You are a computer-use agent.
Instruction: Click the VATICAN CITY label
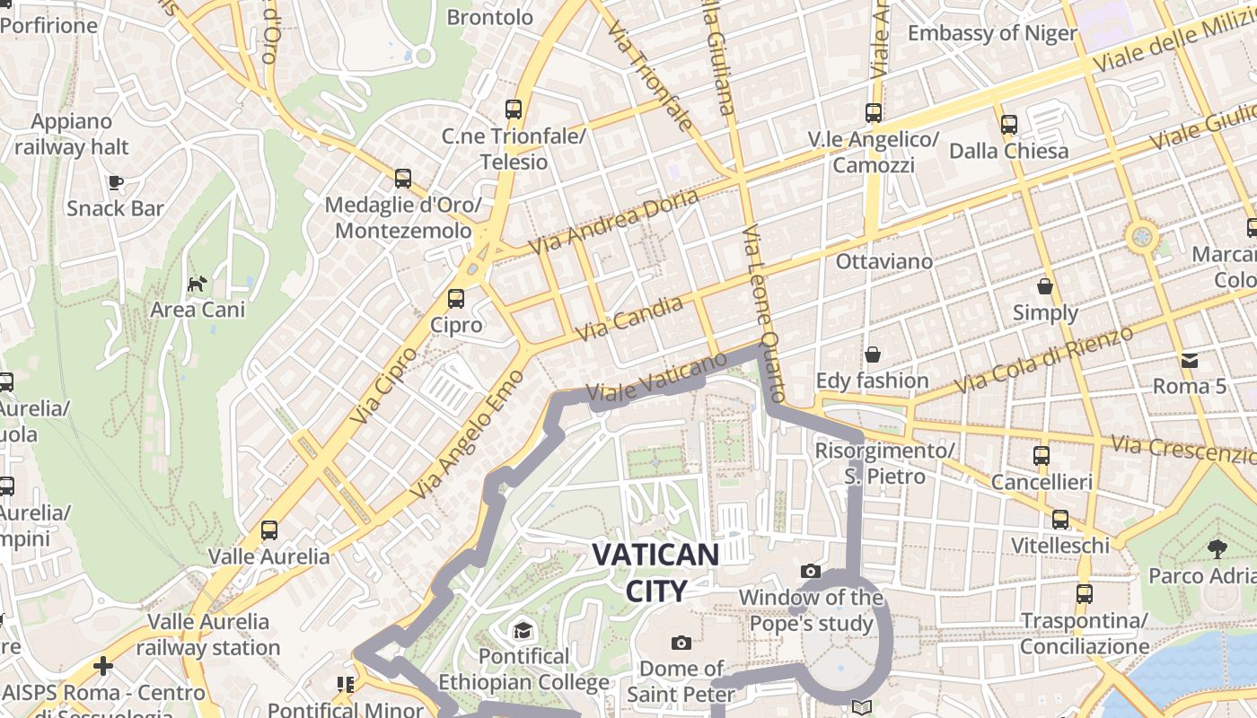point(655,573)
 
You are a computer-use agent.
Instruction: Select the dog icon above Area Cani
point(197,285)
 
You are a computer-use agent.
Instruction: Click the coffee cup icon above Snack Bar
point(115,183)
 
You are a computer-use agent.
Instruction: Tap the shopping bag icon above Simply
point(1044,286)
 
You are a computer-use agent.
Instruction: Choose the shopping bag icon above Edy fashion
point(872,355)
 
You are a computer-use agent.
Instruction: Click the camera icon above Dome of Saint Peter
point(681,643)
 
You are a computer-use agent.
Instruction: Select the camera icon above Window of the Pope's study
point(811,571)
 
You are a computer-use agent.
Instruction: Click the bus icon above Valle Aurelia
point(269,530)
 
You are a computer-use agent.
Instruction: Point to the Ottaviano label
point(884,261)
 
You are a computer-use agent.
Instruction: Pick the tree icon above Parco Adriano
point(1217,548)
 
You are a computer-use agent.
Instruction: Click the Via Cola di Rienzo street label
point(1044,361)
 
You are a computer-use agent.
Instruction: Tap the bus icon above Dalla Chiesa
point(1009,125)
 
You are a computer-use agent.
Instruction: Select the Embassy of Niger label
point(992,33)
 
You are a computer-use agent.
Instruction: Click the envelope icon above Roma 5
point(1190,361)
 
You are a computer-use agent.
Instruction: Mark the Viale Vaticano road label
point(655,378)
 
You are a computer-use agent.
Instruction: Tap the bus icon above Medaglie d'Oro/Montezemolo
point(403,179)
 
